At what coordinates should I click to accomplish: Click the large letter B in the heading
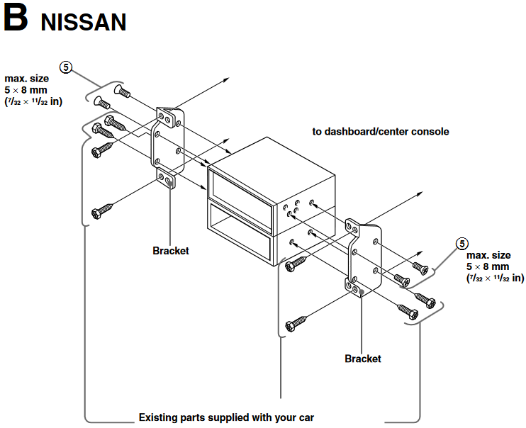point(15,19)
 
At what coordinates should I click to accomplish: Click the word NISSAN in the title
point(84,22)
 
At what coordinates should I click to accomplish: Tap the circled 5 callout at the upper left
point(65,67)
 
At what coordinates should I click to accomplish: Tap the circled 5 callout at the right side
point(461,244)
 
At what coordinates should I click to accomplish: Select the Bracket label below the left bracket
point(171,251)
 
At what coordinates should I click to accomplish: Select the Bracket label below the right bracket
point(363,359)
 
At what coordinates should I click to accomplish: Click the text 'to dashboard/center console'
point(381,132)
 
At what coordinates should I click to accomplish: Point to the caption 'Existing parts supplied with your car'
point(226,417)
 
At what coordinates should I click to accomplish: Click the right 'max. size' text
point(488,255)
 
